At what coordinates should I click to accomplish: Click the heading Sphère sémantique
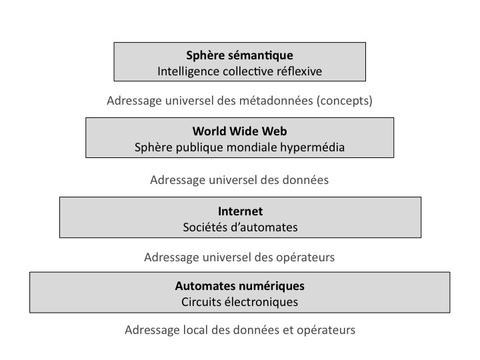[x=239, y=55]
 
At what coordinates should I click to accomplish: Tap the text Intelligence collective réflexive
[x=239, y=70]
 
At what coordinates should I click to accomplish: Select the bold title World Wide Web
[x=239, y=131]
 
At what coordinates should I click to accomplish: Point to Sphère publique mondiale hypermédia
[x=239, y=147]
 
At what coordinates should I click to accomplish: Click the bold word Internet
[x=240, y=211]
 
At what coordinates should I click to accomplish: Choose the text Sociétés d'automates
[x=240, y=227]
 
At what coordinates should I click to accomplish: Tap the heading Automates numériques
[x=239, y=285]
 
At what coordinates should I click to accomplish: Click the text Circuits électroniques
[x=239, y=301]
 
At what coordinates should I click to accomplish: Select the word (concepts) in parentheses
[x=344, y=101]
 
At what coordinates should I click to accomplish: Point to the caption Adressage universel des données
[x=239, y=180]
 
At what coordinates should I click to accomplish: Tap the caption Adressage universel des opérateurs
[x=239, y=257]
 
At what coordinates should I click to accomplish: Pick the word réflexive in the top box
[x=300, y=70]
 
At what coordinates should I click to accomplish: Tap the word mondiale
[x=261, y=147]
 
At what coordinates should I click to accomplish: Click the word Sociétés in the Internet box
[x=204, y=227]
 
